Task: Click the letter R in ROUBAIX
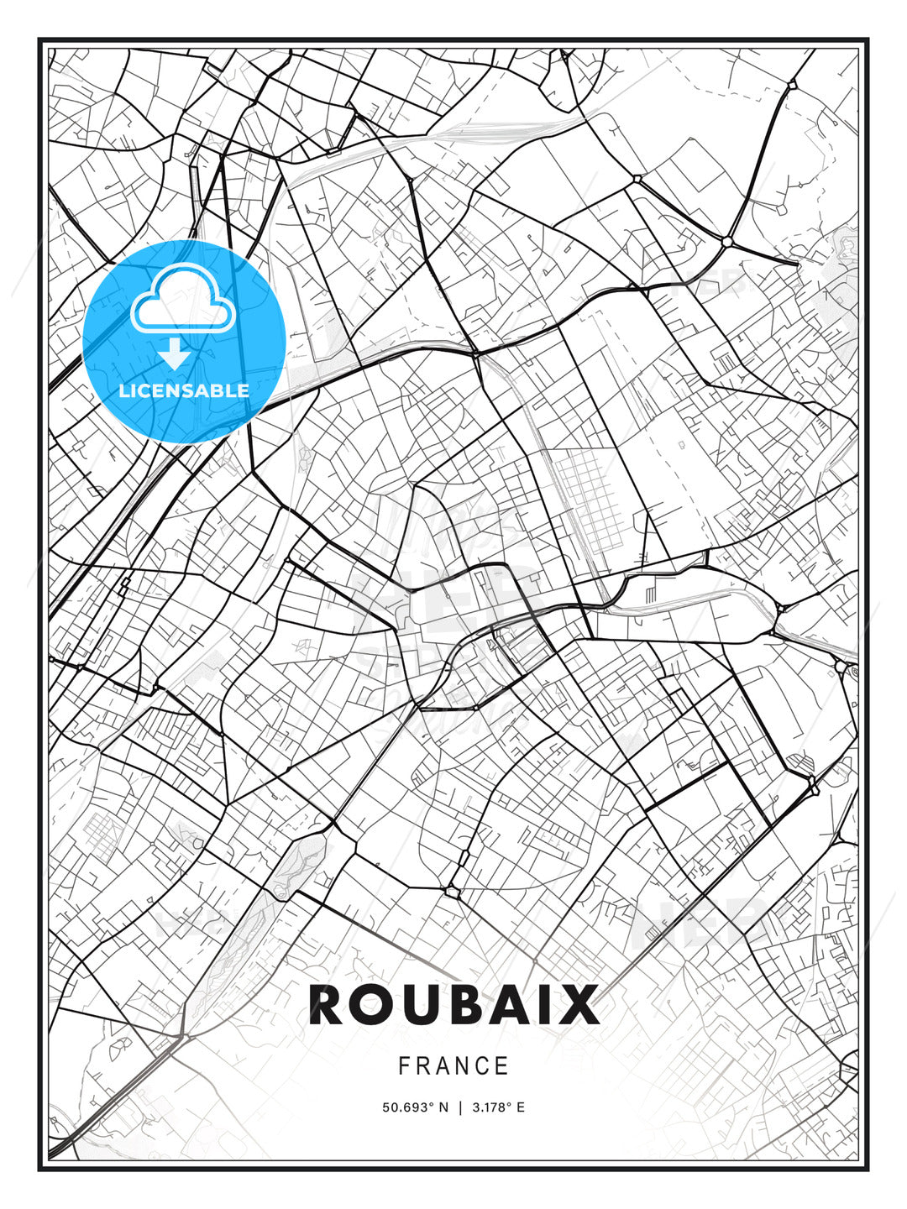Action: [x=328, y=1004]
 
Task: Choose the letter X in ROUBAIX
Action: [x=582, y=1004]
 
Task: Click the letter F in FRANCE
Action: [x=404, y=1066]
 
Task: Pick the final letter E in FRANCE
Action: [x=503, y=1066]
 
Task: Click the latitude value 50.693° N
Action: [x=416, y=1107]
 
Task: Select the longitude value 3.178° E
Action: [x=498, y=1107]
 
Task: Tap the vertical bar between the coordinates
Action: [x=460, y=1107]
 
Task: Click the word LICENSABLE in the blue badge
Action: [x=184, y=390]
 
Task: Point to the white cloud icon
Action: [x=182, y=301]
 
